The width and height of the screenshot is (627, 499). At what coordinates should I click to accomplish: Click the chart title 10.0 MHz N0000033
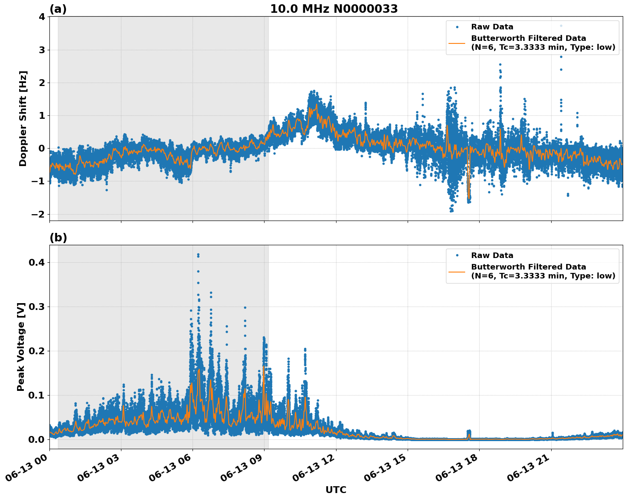pos(334,9)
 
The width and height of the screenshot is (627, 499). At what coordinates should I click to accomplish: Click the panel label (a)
pos(58,9)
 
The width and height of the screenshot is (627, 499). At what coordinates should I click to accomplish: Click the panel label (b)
pos(58,238)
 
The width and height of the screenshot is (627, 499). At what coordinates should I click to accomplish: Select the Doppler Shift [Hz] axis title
pos(23,118)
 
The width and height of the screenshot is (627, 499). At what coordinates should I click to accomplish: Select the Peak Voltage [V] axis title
pos(21,347)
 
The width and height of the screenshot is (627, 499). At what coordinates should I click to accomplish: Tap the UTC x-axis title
pos(336,490)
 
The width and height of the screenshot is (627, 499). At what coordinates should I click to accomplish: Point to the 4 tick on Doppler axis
pos(42,17)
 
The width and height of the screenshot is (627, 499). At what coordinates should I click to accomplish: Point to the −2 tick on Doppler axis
pos(38,214)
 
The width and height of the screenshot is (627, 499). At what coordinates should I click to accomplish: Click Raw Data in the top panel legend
pos(492,27)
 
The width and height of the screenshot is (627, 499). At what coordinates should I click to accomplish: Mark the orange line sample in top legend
pos(457,43)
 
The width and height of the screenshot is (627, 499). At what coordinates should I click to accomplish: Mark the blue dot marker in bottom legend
pos(457,255)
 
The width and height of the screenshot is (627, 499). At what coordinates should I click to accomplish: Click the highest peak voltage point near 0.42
pos(198,255)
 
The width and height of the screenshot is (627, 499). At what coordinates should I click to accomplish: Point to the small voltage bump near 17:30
pos(469,433)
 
